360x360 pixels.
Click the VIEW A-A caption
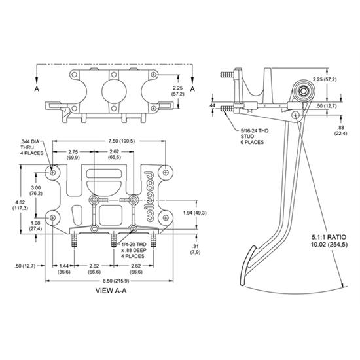tap(111, 291)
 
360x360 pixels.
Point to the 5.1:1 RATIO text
tap(329, 237)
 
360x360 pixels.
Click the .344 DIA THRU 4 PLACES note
tap(31, 147)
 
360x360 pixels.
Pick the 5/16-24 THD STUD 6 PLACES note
tap(255, 136)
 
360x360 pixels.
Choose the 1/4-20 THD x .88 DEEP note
tap(134, 250)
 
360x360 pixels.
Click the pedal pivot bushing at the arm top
tap(304, 90)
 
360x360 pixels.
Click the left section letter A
tap(37, 89)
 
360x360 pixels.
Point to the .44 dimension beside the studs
tap(211, 105)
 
